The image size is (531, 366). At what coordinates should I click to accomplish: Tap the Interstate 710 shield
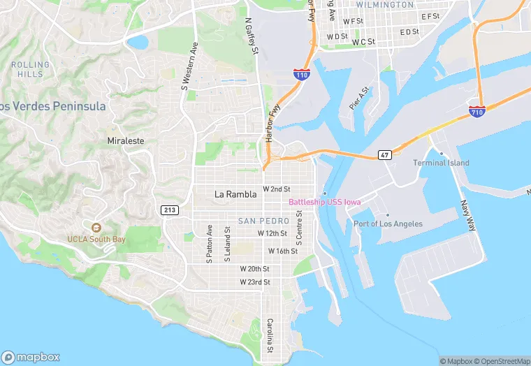pos(477,111)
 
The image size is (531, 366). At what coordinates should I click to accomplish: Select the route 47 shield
pos(384,154)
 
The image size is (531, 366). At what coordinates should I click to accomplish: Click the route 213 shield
pos(169,210)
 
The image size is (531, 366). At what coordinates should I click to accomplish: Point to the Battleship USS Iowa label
pos(325,203)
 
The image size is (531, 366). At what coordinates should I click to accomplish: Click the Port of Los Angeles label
pos(388,224)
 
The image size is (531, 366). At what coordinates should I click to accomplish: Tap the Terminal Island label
pos(441,163)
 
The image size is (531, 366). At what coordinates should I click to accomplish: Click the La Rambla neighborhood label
pos(235,194)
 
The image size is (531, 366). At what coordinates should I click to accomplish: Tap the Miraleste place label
pos(126,140)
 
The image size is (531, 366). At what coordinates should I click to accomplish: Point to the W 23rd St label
pos(255,282)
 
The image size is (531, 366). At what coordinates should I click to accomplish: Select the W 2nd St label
pos(276,189)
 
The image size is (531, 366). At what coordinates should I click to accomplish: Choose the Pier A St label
pos(358,98)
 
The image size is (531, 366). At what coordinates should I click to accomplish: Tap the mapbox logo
pos(31,356)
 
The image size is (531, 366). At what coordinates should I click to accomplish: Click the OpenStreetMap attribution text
pos(502,361)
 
